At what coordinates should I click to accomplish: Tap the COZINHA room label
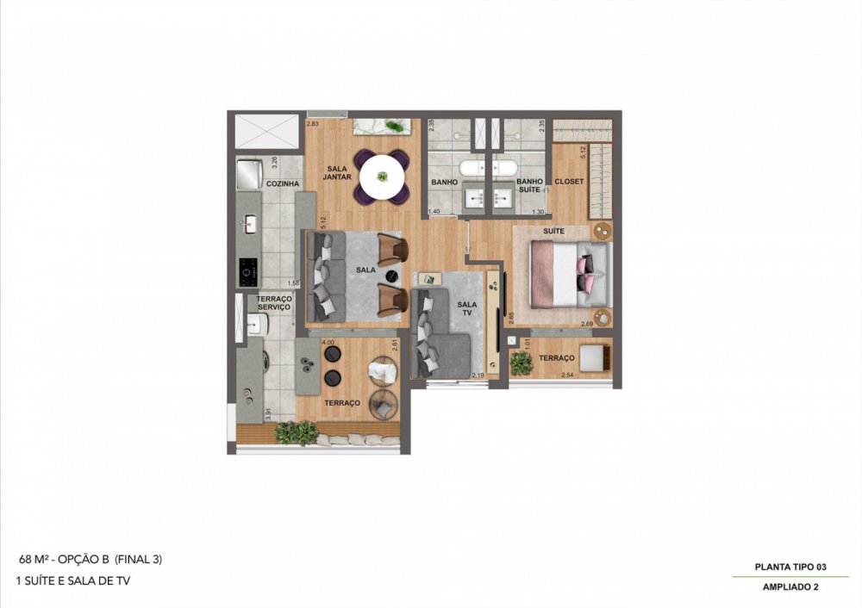pyautogui.click(x=283, y=183)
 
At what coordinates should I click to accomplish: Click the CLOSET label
pyautogui.click(x=569, y=182)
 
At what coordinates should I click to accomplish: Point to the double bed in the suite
pyautogui.click(x=570, y=274)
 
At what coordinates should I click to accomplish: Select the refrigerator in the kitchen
pyautogui.click(x=249, y=175)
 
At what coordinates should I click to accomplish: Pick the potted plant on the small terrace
pyautogui.click(x=522, y=363)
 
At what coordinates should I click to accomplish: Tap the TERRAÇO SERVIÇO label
pyautogui.click(x=274, y=301)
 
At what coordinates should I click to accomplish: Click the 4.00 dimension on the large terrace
pyautogui.click(x=328, y=342)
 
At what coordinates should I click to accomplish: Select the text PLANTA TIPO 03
pyautogui.click(x=790, y=567)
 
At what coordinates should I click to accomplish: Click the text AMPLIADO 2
pyautogui.click(x=790, y=587)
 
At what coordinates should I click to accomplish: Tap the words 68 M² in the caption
pyautogui.click(x=35, y=559)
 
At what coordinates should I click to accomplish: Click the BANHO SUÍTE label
pyautogui.click(x=528, y=186)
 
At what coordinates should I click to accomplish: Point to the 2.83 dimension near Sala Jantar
pyautogui.click(x=312, y=124)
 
